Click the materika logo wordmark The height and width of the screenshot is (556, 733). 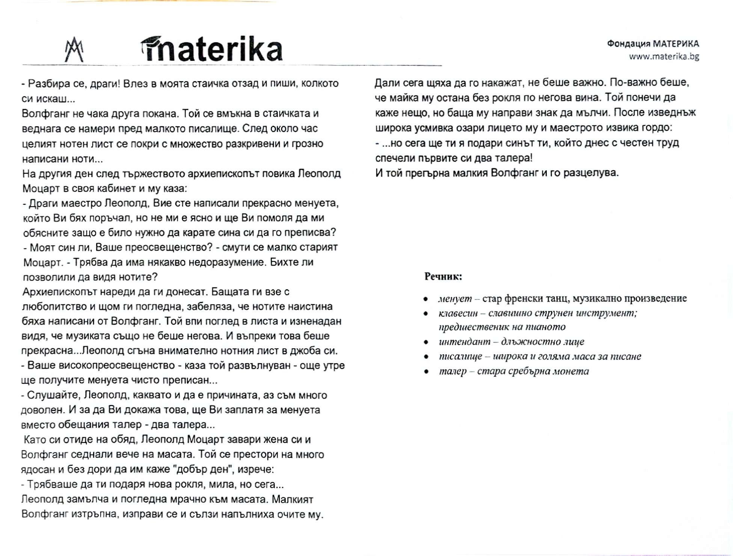point(212,49)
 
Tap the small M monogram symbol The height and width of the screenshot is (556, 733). point(74,50)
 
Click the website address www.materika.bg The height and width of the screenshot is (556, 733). point(664,57)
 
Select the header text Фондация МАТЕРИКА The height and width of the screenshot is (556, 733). point(653,44)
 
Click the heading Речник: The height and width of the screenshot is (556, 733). point(443,276)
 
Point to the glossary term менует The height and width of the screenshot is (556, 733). point(454,299)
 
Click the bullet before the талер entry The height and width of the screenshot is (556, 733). point(426,372)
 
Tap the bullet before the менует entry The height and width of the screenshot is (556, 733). point(425,299)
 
